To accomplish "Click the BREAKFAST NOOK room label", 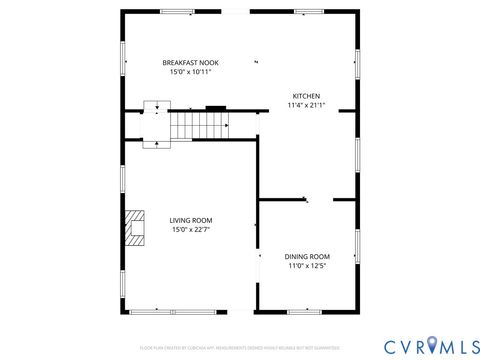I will coord(190,62).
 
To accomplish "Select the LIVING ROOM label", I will coord(190,220).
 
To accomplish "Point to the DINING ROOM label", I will coord(307,256).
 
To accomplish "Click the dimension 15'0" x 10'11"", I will coord(190,72).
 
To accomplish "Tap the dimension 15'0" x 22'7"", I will coord(190,230).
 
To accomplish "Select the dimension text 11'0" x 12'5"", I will coord(307,266).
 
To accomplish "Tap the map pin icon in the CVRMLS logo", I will coord(431,345).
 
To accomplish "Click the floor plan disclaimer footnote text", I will coord(239,347).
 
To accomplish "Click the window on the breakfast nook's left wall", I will coord(123,57).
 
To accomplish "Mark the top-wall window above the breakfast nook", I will coord(178,11).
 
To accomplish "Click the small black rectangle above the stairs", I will coord(216,106).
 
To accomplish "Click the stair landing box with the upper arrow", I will coord(152,107).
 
